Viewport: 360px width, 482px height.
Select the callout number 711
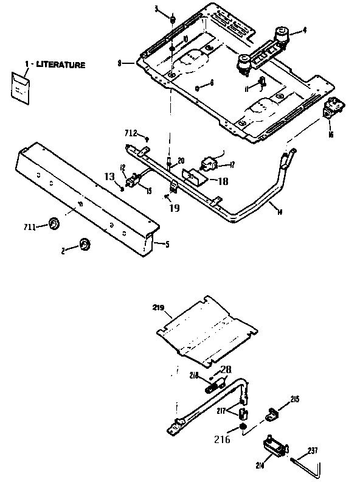point(29,227)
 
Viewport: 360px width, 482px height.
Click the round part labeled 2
point(83,245)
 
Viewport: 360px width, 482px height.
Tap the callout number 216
point(223,438)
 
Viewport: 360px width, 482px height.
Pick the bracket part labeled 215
point(272,413)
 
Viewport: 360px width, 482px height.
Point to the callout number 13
point(109,176)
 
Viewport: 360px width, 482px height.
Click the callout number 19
point(174,208)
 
